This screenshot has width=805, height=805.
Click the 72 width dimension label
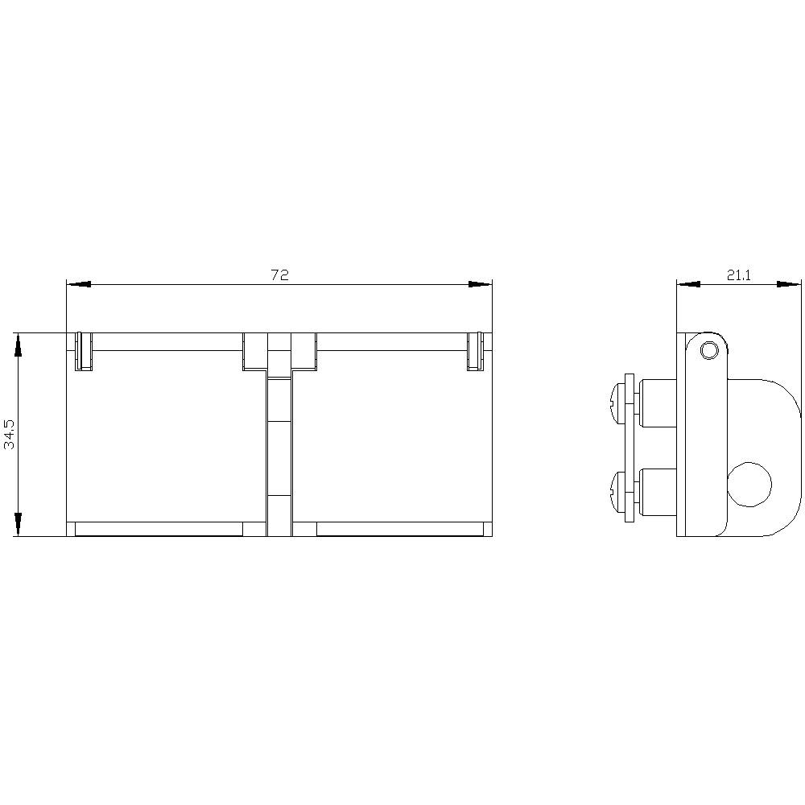click(280, 275)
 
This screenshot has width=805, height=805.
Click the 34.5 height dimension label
click(10, 434)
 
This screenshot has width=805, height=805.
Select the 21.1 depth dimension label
click(739, 275)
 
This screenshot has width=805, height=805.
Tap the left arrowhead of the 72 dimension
click(79, 284)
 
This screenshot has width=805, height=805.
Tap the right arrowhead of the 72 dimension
click(480, 284)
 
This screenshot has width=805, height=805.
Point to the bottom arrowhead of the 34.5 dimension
click(18, 524)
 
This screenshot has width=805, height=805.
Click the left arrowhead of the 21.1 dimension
click(688, 284)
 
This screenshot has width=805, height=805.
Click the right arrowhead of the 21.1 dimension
click(789, 284)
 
